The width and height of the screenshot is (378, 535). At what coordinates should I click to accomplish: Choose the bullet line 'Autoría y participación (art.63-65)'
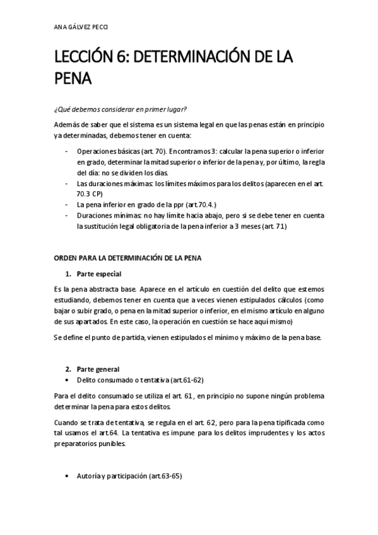click(129, 476)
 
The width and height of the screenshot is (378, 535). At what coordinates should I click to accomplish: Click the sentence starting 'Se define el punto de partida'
click(187, 338)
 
